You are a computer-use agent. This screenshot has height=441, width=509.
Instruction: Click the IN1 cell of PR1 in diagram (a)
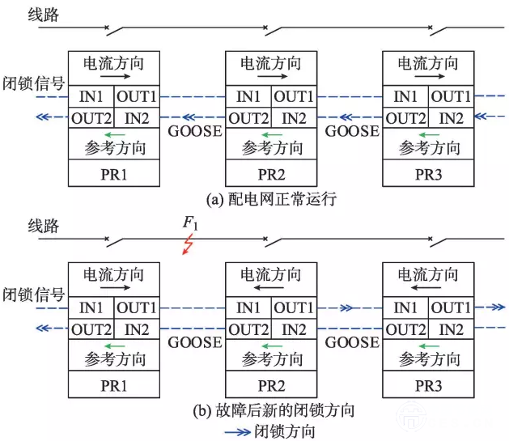point(91,97)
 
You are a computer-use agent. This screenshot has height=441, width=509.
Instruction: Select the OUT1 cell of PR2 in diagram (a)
point(294,97)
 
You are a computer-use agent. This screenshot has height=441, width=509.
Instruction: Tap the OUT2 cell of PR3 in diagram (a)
point(405,118)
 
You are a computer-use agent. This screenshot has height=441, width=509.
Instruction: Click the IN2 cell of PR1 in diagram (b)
point(137,329)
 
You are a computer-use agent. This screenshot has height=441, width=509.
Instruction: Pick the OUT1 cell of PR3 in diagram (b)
point(451,307)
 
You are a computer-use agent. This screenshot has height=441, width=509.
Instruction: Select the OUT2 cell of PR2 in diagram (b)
point(248,329)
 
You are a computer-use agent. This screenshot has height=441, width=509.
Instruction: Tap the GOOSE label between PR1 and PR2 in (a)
point(194,131)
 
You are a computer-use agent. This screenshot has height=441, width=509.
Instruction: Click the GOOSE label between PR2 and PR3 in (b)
point(351,342)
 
